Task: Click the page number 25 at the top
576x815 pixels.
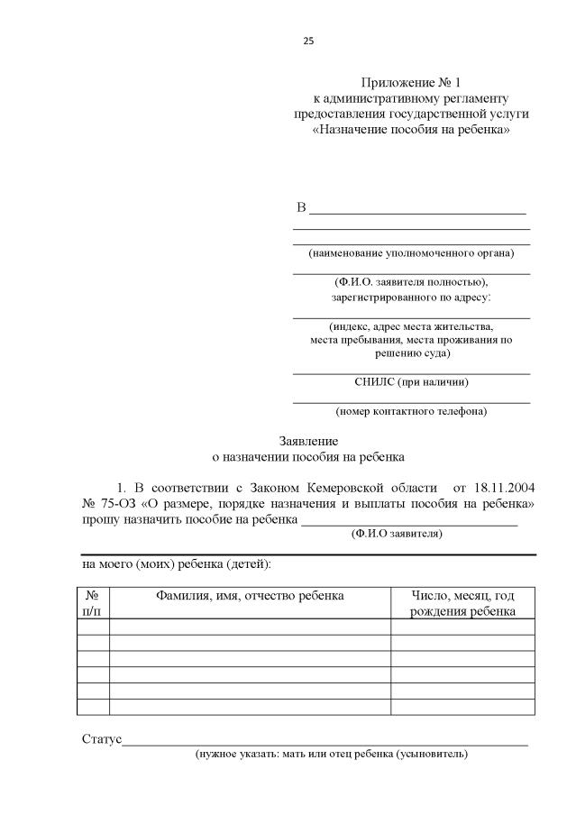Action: click(307, 41)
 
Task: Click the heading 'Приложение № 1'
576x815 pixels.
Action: click(411, 82)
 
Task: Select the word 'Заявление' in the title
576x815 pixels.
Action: click(307, 442)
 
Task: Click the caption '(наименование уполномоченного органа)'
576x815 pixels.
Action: click(411, 253)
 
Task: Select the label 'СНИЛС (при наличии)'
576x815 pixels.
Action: click(411, 382)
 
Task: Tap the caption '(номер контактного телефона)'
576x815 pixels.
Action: click(411, 412)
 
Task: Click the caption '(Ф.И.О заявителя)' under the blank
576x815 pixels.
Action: click(396, 534)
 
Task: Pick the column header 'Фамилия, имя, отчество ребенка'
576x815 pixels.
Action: click(250, 596)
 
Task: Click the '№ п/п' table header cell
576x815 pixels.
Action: click(93, 603)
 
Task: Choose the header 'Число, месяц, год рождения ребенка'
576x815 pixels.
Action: click(462, 603)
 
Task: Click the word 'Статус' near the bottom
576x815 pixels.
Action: click(101, 739)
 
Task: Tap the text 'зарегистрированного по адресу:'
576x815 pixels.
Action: click(411, 297)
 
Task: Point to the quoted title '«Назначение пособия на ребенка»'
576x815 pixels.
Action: click(411, 130)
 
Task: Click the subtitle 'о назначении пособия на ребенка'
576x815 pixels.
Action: click(307, 457)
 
